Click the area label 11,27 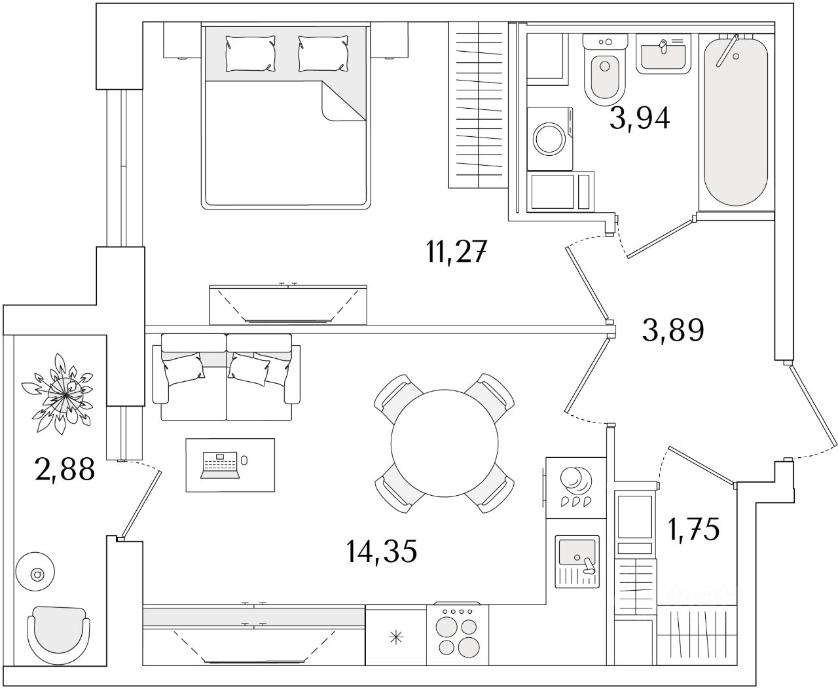456,252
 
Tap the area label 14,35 382,551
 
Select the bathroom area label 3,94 640,118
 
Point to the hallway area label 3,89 673,330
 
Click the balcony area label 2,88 65,469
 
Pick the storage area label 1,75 694,530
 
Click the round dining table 445,443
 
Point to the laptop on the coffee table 220,465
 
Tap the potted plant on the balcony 59,394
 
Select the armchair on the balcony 58,635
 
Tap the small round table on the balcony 35,571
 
